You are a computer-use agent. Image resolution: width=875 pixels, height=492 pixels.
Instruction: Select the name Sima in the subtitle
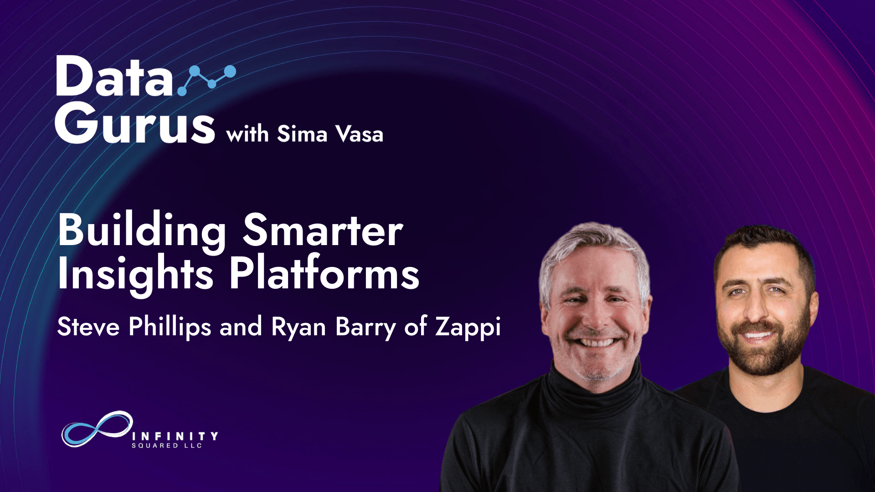(302, 134)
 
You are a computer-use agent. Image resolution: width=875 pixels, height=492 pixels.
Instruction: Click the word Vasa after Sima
(359, 134)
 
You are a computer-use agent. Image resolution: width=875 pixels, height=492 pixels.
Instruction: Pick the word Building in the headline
(142, 231)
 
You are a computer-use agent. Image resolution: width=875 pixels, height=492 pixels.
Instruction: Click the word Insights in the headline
(135, 275)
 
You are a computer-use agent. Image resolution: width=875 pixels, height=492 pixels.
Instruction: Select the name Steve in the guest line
(88, 327)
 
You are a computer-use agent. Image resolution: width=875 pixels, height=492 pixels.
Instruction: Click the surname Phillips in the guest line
(170, 327)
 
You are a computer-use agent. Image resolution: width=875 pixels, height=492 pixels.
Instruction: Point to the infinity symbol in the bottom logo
(97, 429)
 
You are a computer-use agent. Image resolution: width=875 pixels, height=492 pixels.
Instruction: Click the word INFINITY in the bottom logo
(175, 436)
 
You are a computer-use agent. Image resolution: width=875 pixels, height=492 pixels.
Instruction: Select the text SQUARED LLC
(167, 446)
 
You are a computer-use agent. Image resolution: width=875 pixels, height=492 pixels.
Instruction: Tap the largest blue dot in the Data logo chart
(230, 72)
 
